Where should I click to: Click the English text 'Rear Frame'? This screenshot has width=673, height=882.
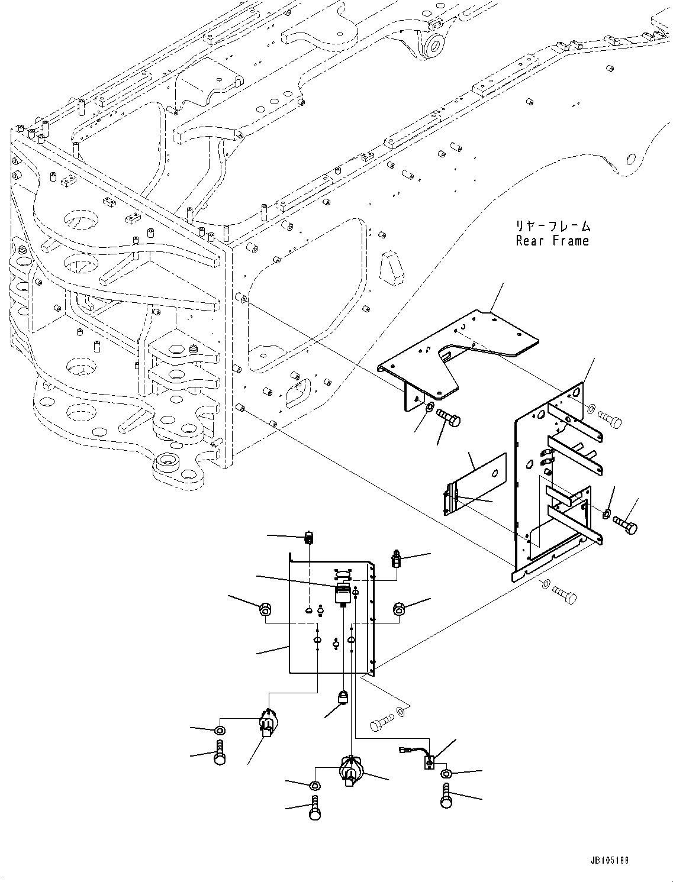point(552,241)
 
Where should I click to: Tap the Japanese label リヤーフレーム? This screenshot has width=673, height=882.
point(552,225)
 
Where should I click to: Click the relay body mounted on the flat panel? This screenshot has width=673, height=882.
point(342,593)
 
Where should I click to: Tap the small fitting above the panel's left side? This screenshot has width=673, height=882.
point(308,538)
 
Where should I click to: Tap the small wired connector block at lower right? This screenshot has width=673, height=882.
point(429,763)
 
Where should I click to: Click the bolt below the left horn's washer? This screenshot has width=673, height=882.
point(220,753)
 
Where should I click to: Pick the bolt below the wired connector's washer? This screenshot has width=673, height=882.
point(447,795)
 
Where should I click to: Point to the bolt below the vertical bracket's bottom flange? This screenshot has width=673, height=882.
point(563,594)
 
